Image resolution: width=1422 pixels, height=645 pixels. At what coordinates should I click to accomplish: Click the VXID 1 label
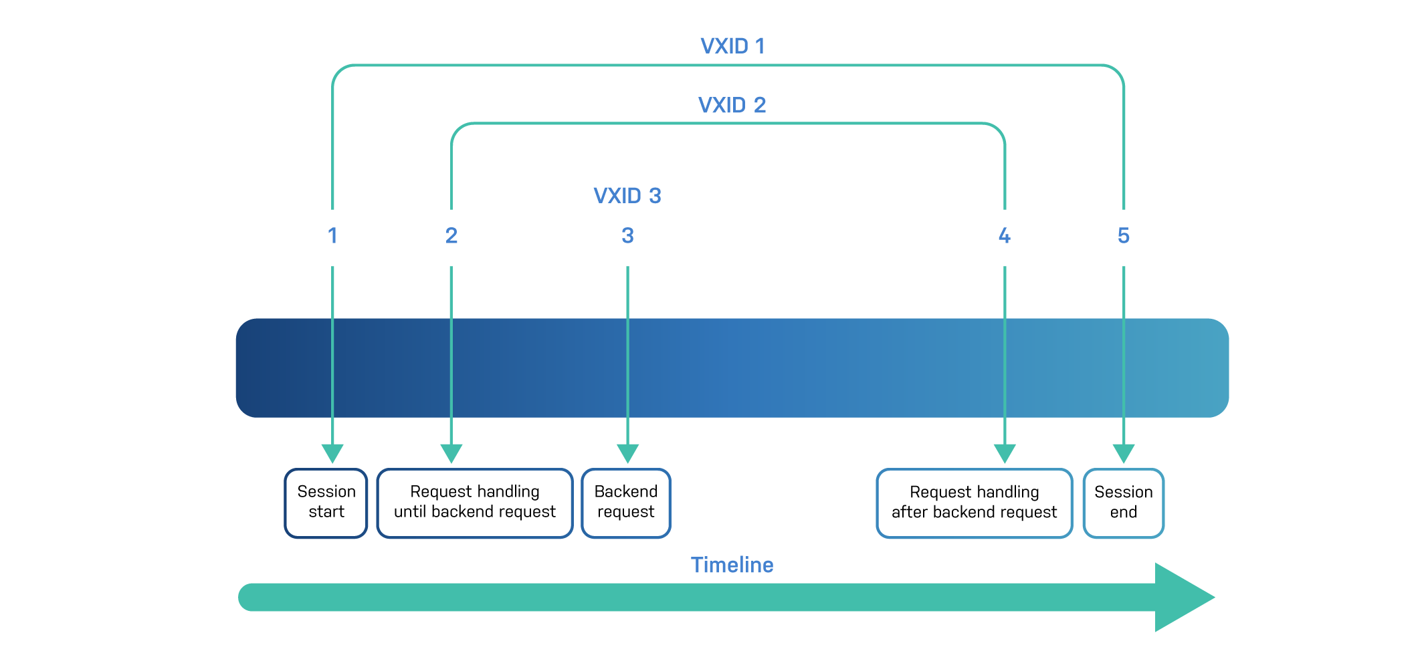pyautogui.click(x=732, y=46)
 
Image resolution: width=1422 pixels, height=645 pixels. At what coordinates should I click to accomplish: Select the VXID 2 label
pyautogui.click(x=732, y=106)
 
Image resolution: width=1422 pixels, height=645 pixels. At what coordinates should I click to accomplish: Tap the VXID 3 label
pyautogui.click(x=627, y=196)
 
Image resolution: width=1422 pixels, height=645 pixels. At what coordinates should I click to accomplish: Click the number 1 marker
pyautogui.click(x=332, y=236)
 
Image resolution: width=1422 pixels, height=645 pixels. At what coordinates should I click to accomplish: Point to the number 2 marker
pyautogui.click(x=451, y=236)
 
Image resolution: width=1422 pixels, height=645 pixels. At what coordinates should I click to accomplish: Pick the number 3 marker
pyautogui.click(x=627, y=236)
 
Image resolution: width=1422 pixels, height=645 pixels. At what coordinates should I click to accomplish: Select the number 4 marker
pyautogui.click(x=1004, y=236)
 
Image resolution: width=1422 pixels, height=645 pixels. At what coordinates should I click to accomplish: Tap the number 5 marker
pyautogui.click(x=1124, y=236)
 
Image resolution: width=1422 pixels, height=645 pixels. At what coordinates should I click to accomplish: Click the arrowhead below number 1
pyautogui.click(x=332, y=453)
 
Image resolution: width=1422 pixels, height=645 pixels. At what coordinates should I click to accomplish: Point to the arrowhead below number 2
pyautogui.click(x=451, y=453)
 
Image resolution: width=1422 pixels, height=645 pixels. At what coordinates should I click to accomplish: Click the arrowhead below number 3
pyautogui.click(x=627, y=453)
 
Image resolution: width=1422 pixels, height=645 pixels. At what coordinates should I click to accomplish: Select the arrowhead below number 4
pyautogui.click(x=1005, y=453)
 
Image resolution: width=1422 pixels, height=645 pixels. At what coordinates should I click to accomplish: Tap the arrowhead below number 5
pyautogui.click(x=1124, y=453)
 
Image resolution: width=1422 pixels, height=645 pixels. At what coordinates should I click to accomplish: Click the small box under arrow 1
pyautogui.click(x=326, y=503)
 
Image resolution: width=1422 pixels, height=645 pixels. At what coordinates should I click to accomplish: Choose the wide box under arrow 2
pyautogui.click(x=475, y=503)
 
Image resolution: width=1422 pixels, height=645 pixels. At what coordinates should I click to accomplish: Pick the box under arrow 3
pyautogui.click(x=626, y=503)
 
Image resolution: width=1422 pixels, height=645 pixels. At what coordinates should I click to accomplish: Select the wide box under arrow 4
pyautogui.click(x=975, y=503)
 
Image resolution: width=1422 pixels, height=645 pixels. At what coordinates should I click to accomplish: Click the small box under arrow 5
pyautogui.click(x=1124, y=503)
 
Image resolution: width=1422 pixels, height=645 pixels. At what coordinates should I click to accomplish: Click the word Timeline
pyautogui.click(x=732, y=565)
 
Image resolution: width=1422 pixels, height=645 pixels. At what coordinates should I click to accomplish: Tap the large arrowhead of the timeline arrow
pyautogui.click(x=1181, y=597)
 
